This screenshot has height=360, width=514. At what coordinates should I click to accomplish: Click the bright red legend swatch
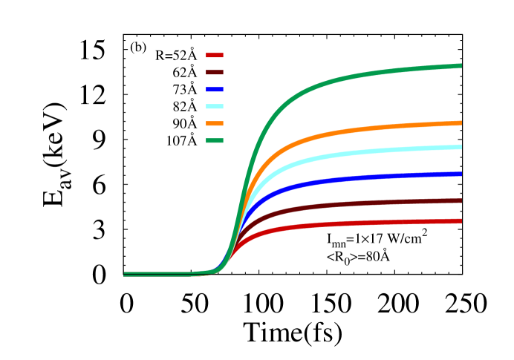click(215, 56)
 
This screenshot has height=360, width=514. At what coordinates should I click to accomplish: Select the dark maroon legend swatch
click(215, 73)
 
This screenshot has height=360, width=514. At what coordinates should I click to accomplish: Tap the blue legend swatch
click(215, 90)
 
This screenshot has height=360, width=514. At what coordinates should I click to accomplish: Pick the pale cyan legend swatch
click(215, 107)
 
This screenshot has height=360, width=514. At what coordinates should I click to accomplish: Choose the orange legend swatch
click(215, 124)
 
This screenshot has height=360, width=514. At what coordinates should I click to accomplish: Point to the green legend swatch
click(215, 141)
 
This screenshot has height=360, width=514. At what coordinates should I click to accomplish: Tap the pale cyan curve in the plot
click(371, 152)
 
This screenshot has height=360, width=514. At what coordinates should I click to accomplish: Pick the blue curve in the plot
click(371, 178)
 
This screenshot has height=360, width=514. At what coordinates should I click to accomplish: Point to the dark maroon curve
click(371, 203)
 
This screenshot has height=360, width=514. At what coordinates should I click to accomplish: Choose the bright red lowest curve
click(371, 223)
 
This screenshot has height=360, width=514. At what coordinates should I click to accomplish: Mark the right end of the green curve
click(461, 66)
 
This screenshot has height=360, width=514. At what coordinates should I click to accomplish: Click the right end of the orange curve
click(461, 123)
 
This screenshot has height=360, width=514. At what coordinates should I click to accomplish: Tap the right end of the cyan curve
click(461, 147)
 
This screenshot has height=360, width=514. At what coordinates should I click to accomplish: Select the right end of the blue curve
click(461, 174)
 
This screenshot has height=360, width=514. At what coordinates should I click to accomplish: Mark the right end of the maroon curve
click(461, 200)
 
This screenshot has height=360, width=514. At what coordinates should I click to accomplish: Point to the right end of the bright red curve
click(461, 220)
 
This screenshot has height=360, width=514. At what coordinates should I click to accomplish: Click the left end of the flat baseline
click(125, 275)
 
